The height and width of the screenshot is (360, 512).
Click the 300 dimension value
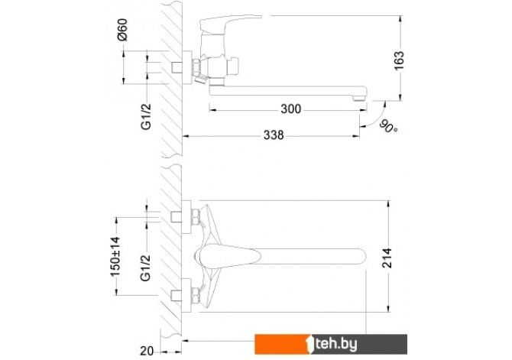coord(290,109)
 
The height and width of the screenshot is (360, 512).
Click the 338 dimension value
coord(274,135)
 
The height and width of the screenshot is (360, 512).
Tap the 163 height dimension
coord(399,60)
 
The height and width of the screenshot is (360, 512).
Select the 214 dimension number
coord(387,258)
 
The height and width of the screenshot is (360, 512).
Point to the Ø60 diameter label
coord(122,30)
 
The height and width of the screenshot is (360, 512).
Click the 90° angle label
coord(388,127)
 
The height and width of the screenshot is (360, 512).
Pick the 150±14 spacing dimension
coord(115,257)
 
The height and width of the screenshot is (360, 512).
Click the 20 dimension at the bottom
coord(147,351)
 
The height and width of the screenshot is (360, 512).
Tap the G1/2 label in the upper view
coord(146,117)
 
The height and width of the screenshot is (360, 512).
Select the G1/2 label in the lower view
coord(146,268)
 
